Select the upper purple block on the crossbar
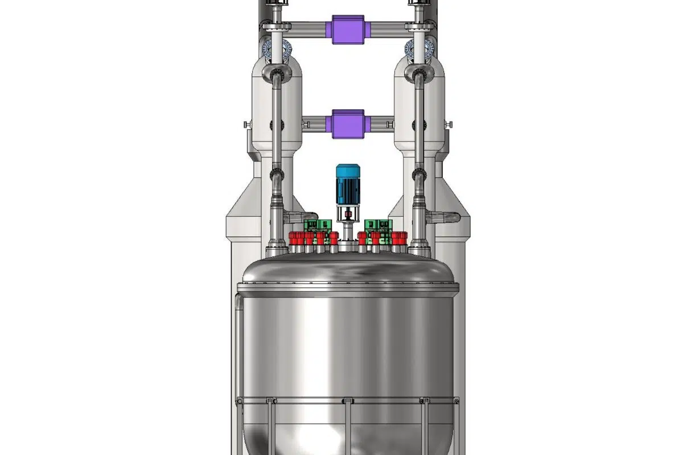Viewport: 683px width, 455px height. pos(347,27)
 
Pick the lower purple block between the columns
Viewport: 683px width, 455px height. pos(347,123)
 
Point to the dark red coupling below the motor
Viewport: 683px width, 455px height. pos(347,215)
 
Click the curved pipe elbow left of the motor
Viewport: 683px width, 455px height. pos(294,217)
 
